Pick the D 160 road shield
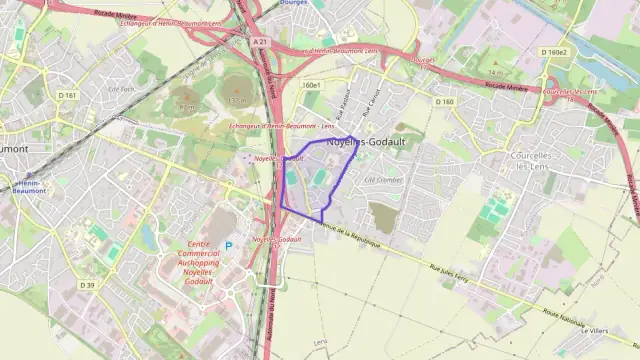(x=445, y=101)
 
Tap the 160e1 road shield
(x=310, y=85)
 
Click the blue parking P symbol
(x=228, y=245)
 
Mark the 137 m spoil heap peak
(x=236, y=100)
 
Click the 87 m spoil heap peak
(x=185, y=104)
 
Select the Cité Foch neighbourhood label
(x=121, y=87)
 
